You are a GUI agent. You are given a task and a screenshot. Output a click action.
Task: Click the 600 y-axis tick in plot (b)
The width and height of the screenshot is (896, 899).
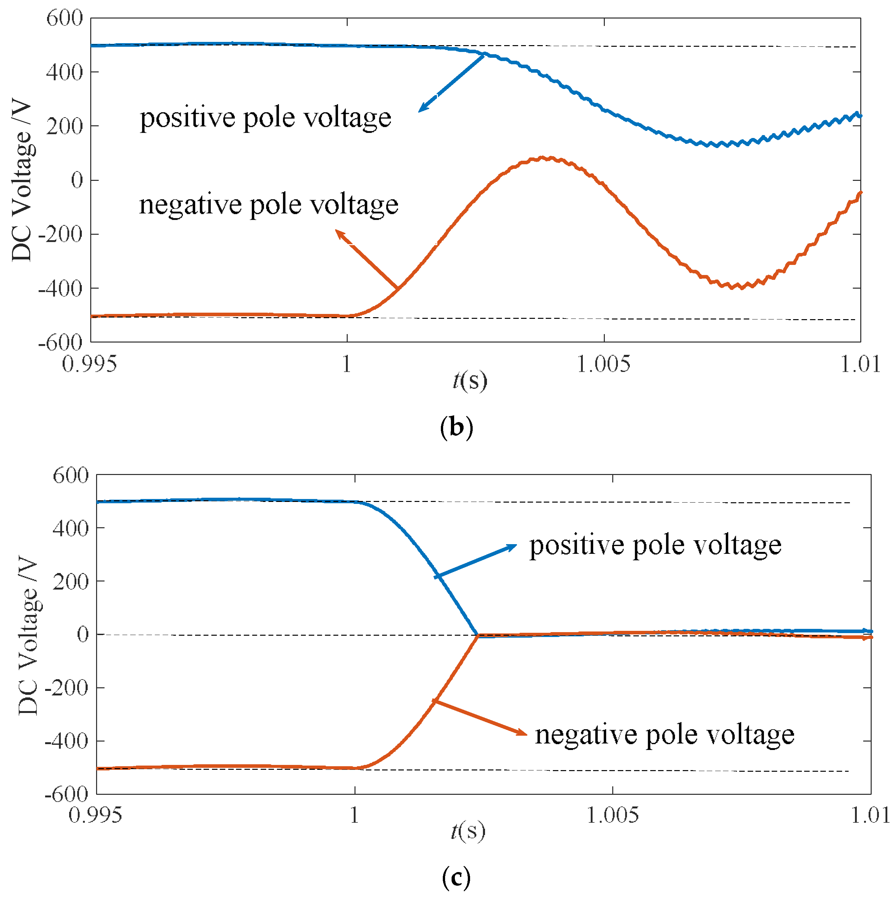[x=64, y=19]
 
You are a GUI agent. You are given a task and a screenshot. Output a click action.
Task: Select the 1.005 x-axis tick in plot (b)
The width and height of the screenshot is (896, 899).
[x=604, y=364]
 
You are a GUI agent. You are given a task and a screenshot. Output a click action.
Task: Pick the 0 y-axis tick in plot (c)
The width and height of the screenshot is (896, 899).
[x=83, y=634]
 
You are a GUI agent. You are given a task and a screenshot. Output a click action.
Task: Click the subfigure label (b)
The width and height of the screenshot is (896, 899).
[x=456, y=427]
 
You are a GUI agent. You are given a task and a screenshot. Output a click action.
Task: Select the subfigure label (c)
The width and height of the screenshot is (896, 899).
[x=456, y=877]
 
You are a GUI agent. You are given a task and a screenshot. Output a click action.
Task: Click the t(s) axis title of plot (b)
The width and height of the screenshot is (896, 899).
[x=469, y=380]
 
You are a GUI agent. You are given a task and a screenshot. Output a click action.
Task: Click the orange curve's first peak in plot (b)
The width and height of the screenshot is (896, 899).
[x=544, y=158]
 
